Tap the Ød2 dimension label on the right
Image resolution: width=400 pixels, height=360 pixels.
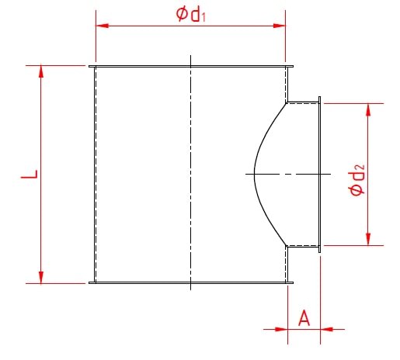[x=358, y=178]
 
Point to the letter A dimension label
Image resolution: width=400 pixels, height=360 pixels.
[x=304, y=317]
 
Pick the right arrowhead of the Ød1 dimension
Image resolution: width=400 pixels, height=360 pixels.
[x=280, y=26]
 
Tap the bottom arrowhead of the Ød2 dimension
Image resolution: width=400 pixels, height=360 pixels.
[x=367, y=239]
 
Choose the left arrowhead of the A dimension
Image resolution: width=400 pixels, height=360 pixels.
[x=283, y=329]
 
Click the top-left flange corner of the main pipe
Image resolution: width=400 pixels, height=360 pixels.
[x=90, y=67]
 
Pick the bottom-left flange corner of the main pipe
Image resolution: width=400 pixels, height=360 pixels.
[x=90, y=283]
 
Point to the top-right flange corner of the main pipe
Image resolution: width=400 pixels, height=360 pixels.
[x=291, y=67]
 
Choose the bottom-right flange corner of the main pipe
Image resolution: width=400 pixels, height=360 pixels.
[x=291, y=283]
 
